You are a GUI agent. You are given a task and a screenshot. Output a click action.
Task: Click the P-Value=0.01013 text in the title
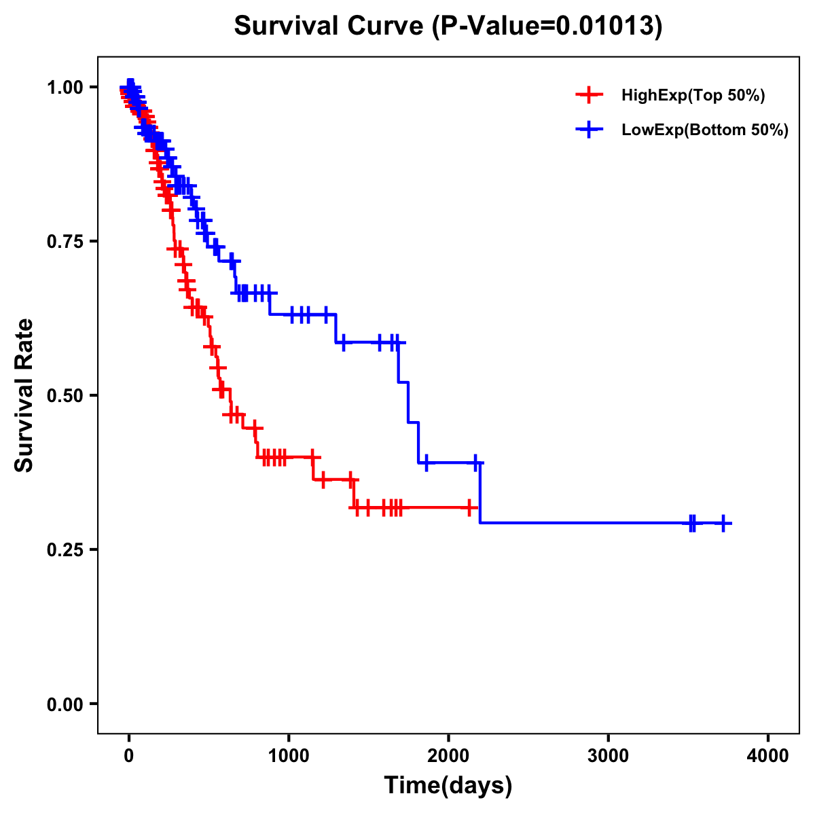[x=547, y=26]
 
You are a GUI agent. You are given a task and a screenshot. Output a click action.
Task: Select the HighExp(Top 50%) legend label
[x=693, y=96]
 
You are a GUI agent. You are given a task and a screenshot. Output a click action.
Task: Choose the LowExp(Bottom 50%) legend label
[x=705, y=130]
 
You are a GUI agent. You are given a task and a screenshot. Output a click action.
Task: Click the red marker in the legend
[x=589, y=96]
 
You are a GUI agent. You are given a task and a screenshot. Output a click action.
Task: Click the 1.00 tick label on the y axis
[x=65, y=87]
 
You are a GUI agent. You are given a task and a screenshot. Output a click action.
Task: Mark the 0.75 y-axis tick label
[x=65, y=241]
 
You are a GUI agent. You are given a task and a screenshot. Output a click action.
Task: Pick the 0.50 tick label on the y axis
[x=65, y=395]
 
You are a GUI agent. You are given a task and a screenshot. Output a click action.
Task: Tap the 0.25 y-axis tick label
[x=65, y=549]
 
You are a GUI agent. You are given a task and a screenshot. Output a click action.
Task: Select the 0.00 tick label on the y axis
[x=65, y=704]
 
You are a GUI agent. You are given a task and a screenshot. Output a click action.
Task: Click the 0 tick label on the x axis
[x=129, y=755]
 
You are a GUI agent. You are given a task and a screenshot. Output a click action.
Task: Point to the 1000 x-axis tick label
[x=289, y=755]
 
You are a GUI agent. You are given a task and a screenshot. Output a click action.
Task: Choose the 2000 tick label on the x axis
[x=448, y=755]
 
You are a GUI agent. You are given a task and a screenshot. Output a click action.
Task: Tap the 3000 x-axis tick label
[x=608, y=755]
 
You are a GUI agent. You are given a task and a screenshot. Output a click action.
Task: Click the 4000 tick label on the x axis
[x=768, y=755]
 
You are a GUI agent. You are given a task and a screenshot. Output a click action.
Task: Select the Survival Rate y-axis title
[x=25, y=395]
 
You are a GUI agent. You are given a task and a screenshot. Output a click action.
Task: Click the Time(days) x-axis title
[x=448, y=786]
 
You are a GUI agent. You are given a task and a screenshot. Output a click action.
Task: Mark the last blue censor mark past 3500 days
[x=724, y=524]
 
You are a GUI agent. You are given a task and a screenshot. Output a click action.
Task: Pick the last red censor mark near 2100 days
[x=469, y=507]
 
